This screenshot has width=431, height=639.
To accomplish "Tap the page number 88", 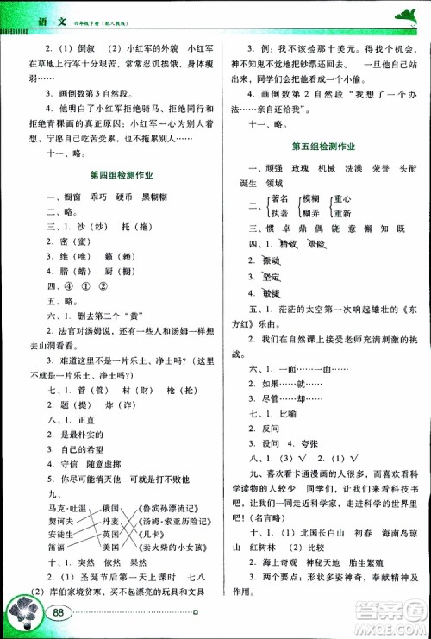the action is coord(59,613).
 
